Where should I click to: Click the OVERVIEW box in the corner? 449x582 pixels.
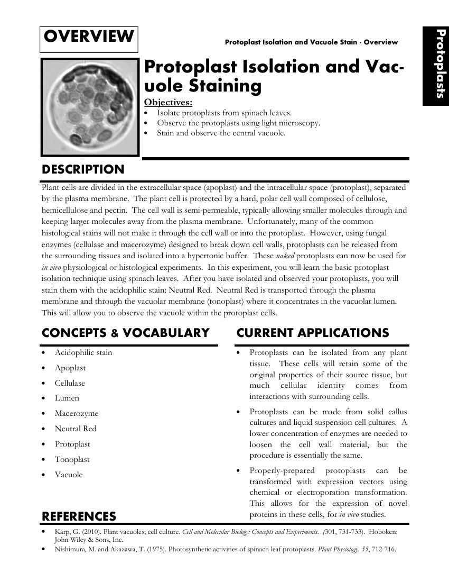click(89, 38)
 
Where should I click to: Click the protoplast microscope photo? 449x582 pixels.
click(89, 106)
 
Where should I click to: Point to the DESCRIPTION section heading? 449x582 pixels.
click(83, 170)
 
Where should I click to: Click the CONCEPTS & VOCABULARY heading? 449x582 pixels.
click(126, 333)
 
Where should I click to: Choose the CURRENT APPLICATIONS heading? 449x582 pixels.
click(313, 333)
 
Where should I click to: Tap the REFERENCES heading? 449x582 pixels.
click(79, 516)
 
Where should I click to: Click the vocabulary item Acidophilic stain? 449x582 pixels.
click(83, 352)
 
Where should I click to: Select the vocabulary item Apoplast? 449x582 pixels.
click(70, 368)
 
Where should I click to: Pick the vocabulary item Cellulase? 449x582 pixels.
click(70, 383)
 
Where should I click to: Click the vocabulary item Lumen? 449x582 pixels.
click(67, 398)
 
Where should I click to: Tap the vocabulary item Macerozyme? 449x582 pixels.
click(77, 413)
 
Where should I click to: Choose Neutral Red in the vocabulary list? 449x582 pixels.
click(76, 429)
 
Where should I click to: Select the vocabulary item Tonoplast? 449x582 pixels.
click(72, 459)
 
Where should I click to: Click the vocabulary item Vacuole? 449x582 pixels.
click(69, 475)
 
